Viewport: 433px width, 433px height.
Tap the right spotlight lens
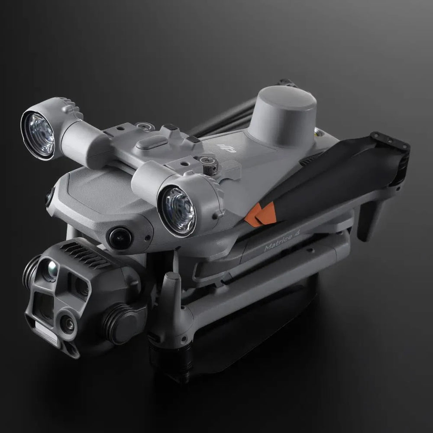(176, 210)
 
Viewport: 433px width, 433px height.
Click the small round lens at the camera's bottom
(67, 323)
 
